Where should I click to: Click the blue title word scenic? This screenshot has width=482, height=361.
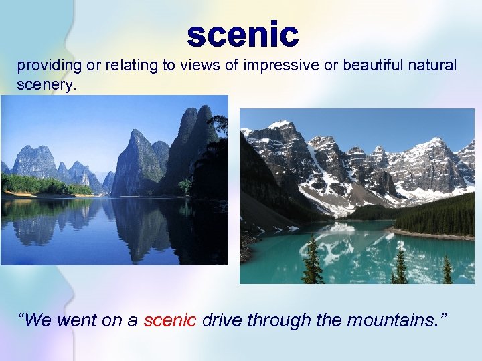pyautogui.click(x=242, y=35)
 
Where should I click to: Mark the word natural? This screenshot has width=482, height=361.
pyautogui.click(x=432, y=66)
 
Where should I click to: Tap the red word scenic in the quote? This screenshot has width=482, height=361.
pyautogui.click(x=170, y=320)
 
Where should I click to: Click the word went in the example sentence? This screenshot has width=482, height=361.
pyautogui.click(x=77, y=320)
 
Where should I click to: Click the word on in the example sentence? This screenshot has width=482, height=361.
pyautogui.click(x=112, y=320)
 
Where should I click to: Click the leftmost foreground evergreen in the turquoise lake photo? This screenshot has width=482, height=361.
pyautogui.click(x=311, y=262)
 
